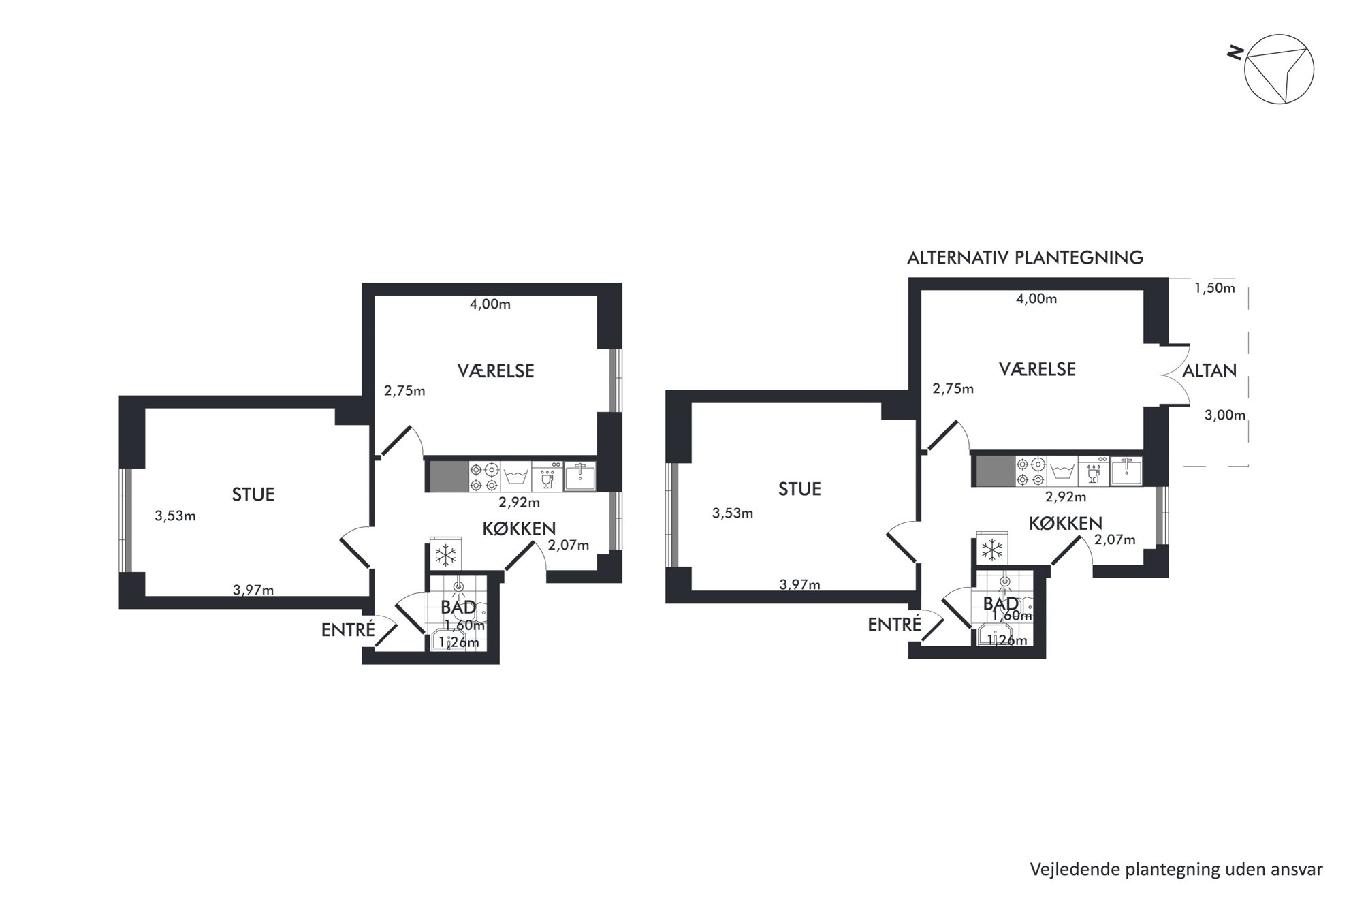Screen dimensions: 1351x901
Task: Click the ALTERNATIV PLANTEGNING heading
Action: tap(1025, 258)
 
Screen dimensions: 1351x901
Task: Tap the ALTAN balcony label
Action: tap(1209, 371)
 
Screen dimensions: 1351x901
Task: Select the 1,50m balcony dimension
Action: tap(1215, 288)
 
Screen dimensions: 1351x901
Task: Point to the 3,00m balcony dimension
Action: tap(1225, 415)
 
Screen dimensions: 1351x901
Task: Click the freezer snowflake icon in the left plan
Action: tap(446, 556)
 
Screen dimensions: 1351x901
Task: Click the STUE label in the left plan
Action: tap(253, 494)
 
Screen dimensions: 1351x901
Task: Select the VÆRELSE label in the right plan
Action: tap(1037, 369)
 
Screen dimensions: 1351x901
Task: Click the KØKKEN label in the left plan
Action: tap(519, 528)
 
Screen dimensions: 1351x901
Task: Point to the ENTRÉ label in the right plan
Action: tap(894, 624)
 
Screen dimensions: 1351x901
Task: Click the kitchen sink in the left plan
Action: tap(580, 476)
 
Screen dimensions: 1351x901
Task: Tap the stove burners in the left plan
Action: tap(484, 477)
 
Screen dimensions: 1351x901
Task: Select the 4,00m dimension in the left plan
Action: tap(490, 304)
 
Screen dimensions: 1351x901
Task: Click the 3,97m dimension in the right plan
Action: tap(800, 584)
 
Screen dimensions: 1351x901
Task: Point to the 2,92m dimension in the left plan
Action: tap(520, 503)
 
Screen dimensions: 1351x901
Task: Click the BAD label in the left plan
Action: tap(458, 607)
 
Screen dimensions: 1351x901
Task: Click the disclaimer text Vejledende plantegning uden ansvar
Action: tap(1176, 870)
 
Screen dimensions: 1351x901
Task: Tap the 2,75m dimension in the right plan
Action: tap(953, 389)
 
